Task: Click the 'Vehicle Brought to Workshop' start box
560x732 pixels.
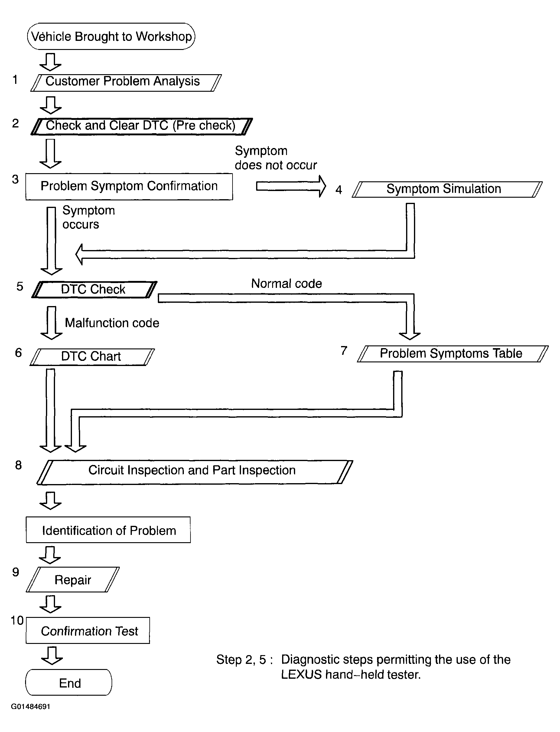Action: click(x=111, y=36)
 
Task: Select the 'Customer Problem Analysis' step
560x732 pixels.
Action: click(x=126, y=83)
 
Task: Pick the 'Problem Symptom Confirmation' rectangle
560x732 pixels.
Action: click(x=129, y=186)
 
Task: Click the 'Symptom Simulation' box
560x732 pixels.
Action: click(x=447, y=190)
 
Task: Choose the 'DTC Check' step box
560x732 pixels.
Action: click(x=94, y=290)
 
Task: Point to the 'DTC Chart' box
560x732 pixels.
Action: click(x=92, y=357)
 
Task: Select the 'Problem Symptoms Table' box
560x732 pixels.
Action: click(x=453, y=354)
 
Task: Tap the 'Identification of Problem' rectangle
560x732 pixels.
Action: click(x=108, y=530)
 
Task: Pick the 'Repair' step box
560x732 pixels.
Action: click(x=73, y=579)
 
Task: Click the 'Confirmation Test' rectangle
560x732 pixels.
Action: click(x=88, y=630)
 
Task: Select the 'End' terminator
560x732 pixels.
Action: click(x=69, y=682)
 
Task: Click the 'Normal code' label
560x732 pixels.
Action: click(x=287, y=284)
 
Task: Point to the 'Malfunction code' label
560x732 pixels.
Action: click(x=112, y=323)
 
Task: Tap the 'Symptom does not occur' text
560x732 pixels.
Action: click(x=276, y=158)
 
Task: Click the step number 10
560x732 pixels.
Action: click(x=17, y=621)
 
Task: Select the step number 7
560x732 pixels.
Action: click(x=344, y=351)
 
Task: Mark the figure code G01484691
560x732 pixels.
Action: click(x=31, y=707)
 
